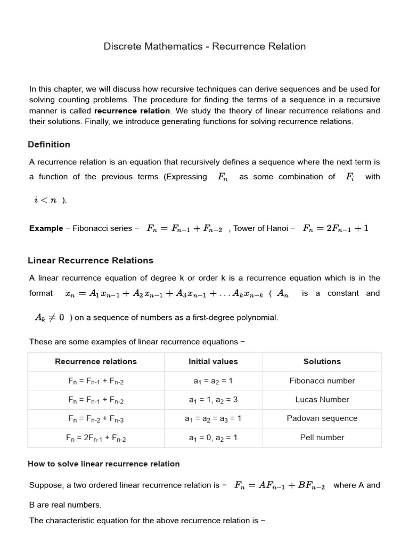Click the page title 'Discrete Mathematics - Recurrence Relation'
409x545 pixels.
[x=204, y=46]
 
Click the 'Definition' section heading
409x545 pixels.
[x=49, y=144]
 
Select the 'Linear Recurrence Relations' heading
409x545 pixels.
[x=91, y=260]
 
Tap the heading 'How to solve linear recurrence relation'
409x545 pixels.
[x=104, y=464]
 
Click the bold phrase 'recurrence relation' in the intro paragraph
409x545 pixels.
[x=132, y=111]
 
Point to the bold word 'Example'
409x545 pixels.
[x=46, y=228]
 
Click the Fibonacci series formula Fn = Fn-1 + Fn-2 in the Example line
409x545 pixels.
[x=185, y=228]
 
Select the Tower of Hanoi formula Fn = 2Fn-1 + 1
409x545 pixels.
[x=336, y=228]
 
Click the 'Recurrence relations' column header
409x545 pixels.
[x=96, y=361]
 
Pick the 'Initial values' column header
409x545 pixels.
[x=213, y=361]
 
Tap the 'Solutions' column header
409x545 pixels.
[x=322, y=361]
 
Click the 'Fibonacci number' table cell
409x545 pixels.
[x=322, y=381]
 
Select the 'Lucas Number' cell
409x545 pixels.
[x=322, y=399]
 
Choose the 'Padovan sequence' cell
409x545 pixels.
[x=322, y=418]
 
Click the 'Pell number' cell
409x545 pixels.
[x=322, y=437]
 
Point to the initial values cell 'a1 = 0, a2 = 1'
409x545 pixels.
[x=213, y=437]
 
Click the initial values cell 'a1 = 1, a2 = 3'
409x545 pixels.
[x=213, y=400]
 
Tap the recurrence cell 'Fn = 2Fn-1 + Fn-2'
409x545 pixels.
[x=96, y=438]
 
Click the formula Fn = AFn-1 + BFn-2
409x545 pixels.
[x=280, y=485]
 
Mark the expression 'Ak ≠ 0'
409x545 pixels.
[x=50, y=317]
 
